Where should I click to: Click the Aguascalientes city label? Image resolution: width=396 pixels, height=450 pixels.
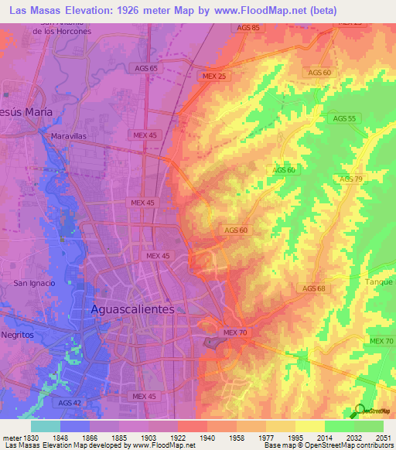(133, 309)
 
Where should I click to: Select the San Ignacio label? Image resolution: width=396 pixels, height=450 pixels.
(34, 283)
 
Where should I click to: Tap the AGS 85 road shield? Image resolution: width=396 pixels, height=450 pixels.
(246, 28)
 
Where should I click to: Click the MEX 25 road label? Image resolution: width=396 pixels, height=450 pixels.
(213, 77)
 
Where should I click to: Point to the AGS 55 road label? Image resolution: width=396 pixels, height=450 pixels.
(344, 118)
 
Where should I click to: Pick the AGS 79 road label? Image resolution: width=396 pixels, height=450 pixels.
(351, 179)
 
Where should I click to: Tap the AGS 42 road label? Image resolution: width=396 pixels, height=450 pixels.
(70, 403)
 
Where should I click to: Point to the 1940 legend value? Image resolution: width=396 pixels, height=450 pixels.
(205, 437)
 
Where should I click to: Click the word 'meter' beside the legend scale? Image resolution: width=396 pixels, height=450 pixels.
(11, 437)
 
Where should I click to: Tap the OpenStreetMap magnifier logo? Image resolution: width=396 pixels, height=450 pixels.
(360, 411)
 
